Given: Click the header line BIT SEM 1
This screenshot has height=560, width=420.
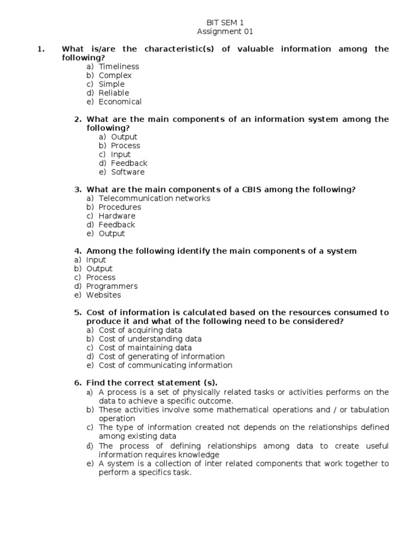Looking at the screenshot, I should [225, 22].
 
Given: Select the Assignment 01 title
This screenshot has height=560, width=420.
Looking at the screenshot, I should [225, 32].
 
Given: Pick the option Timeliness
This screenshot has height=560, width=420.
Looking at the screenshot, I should [119, 67].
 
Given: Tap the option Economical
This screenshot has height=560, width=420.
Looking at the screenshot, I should [120, 102].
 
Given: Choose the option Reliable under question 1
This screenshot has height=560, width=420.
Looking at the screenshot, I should [114, 93].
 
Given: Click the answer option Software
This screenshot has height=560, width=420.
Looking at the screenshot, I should [127, 172].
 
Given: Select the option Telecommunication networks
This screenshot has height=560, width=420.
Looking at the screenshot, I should [154, 199].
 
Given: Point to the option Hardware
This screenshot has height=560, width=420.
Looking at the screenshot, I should [116, 216].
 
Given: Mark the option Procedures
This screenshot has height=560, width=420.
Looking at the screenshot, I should [120, 207].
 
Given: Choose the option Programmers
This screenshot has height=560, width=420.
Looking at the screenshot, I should [112, 286].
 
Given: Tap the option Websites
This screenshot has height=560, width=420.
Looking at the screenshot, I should [103, 295].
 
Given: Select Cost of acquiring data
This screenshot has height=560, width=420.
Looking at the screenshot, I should [141, 330].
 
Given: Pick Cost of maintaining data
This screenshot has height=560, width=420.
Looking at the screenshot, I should [145, 348].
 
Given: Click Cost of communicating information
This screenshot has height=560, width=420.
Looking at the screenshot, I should [165, 365].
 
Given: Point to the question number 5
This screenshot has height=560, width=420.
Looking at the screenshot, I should [78, 313].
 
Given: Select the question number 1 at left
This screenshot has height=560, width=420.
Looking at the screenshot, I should [40, 49].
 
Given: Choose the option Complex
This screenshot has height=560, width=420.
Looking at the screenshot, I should [115, 75].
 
